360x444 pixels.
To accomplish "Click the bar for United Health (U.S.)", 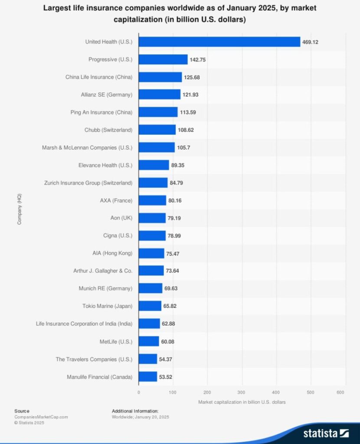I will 219,42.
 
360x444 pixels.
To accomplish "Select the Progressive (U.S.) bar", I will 163,59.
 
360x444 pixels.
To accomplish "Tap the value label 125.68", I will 192,77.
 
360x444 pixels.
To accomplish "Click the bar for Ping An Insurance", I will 158,112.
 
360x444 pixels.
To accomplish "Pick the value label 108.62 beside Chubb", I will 186,130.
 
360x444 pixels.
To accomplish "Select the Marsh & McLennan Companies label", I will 87,147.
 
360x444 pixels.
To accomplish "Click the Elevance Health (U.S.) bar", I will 154,165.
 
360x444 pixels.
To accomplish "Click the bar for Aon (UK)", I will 152,218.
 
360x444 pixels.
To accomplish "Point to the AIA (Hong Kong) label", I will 115,253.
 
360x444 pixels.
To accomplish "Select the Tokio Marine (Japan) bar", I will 150,306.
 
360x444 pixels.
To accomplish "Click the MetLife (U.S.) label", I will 116,342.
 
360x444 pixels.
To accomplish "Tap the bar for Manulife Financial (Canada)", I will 147,377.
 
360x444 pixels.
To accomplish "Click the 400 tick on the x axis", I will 276,392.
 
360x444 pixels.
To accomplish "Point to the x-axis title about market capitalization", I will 242,402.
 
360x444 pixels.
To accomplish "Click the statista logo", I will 326,433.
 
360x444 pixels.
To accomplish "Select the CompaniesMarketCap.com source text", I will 41,417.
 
